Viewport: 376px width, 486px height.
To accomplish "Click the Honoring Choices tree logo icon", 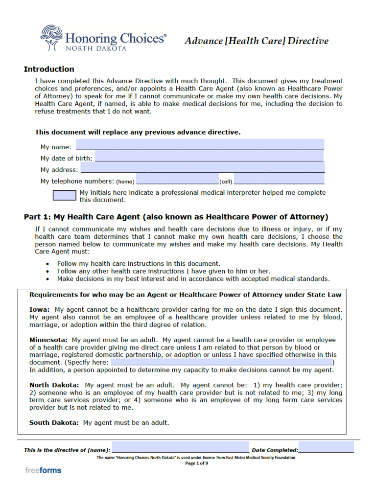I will tap(51, 38).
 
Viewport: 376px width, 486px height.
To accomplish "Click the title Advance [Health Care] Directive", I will tap(256, 41).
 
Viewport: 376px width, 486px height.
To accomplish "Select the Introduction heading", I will tap(49, 69).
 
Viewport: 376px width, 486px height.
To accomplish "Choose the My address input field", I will tap(202, 168).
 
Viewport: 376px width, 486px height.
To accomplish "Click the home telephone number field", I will tap(177, 180).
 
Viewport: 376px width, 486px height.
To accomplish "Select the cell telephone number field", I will tap(279, 180).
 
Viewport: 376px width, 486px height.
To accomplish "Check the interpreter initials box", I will tap(65, 195).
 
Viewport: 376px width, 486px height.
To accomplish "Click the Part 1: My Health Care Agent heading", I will tap(176, 217).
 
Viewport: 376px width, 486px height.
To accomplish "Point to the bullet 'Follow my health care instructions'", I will tap(139, 263).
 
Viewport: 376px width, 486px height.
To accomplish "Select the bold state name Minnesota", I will tap(48, 340).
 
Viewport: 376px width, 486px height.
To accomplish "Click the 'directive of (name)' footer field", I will tap(180, 448).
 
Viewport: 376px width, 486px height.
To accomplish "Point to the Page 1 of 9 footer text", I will tap(196, 463).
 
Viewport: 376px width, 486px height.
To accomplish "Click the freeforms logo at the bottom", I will tap(43, 471).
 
